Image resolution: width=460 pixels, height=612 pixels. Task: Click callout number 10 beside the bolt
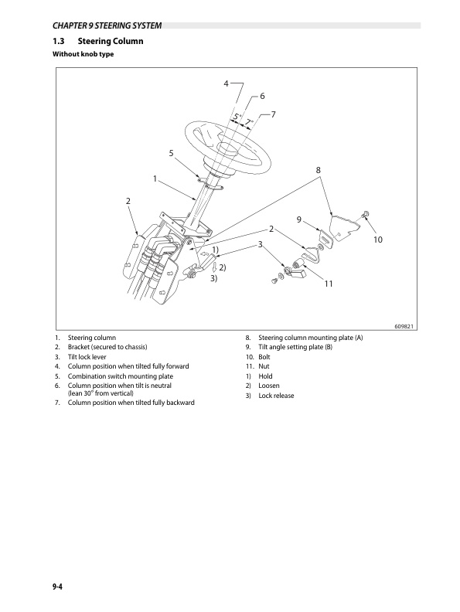point(377,241)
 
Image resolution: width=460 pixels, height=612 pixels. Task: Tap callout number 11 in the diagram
point(328,284)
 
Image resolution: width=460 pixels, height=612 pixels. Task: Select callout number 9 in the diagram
point(298,220)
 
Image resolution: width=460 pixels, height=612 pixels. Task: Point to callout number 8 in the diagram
point(318,169)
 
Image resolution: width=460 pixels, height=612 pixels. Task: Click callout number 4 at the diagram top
point(226,83)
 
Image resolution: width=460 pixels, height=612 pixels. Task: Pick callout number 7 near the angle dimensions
point(274,114)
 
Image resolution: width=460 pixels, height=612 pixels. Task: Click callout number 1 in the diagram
point(155,178)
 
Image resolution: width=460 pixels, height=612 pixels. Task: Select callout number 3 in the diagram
point(261,244)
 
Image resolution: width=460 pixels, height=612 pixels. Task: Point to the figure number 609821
point(404,325)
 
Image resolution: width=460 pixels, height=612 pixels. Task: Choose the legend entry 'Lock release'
point(276,396)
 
